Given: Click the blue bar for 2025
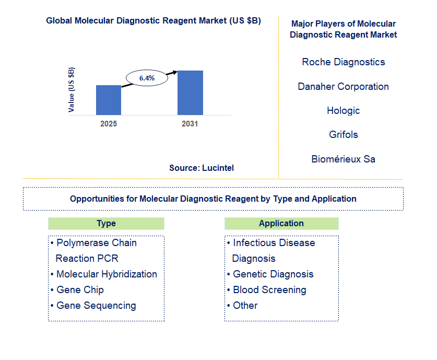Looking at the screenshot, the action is (109, 100).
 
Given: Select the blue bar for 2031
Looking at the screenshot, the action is (190, 93).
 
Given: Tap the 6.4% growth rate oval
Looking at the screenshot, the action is (147, 78).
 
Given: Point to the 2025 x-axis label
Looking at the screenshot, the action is (109, 124).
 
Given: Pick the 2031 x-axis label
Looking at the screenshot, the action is (190, 124).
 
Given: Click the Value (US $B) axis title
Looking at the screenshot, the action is (72, 90).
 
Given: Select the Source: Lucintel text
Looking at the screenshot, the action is (202, 168).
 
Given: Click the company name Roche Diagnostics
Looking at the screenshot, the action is (344, 62).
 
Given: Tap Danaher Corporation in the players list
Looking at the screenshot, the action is (344, 86).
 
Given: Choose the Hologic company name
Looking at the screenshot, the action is (344, 111).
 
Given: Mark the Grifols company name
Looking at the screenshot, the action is (344, 135).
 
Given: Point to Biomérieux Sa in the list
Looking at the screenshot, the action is (344, 159).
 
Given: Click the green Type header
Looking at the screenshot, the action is (106, 224).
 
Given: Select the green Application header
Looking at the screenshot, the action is (281, 224).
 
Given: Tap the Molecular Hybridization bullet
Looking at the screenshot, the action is (104, 274).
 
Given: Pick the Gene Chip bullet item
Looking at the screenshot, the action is (77, 290).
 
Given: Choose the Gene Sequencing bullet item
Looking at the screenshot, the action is (93, 306).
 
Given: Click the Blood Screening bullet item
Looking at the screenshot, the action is (267, 290).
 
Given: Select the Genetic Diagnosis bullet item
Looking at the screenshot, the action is (270, 274).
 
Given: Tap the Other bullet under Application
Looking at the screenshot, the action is (242, 306).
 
